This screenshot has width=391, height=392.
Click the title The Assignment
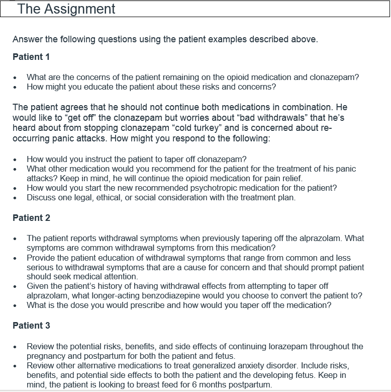(x=66, y=9)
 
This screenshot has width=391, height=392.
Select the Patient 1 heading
(x=31, y=57)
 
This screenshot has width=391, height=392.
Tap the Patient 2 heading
(x=31, y=218)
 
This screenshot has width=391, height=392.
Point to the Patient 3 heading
(x=31, y=326)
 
